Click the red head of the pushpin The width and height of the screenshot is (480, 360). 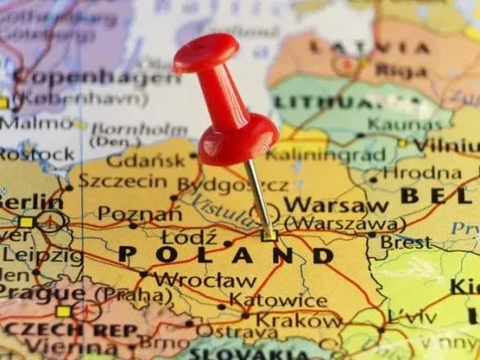click(207, 54)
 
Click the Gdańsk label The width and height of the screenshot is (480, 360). click(146, 160)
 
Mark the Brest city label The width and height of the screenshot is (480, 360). click(406, 242)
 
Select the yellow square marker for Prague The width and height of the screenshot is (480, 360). click(63, 311)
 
